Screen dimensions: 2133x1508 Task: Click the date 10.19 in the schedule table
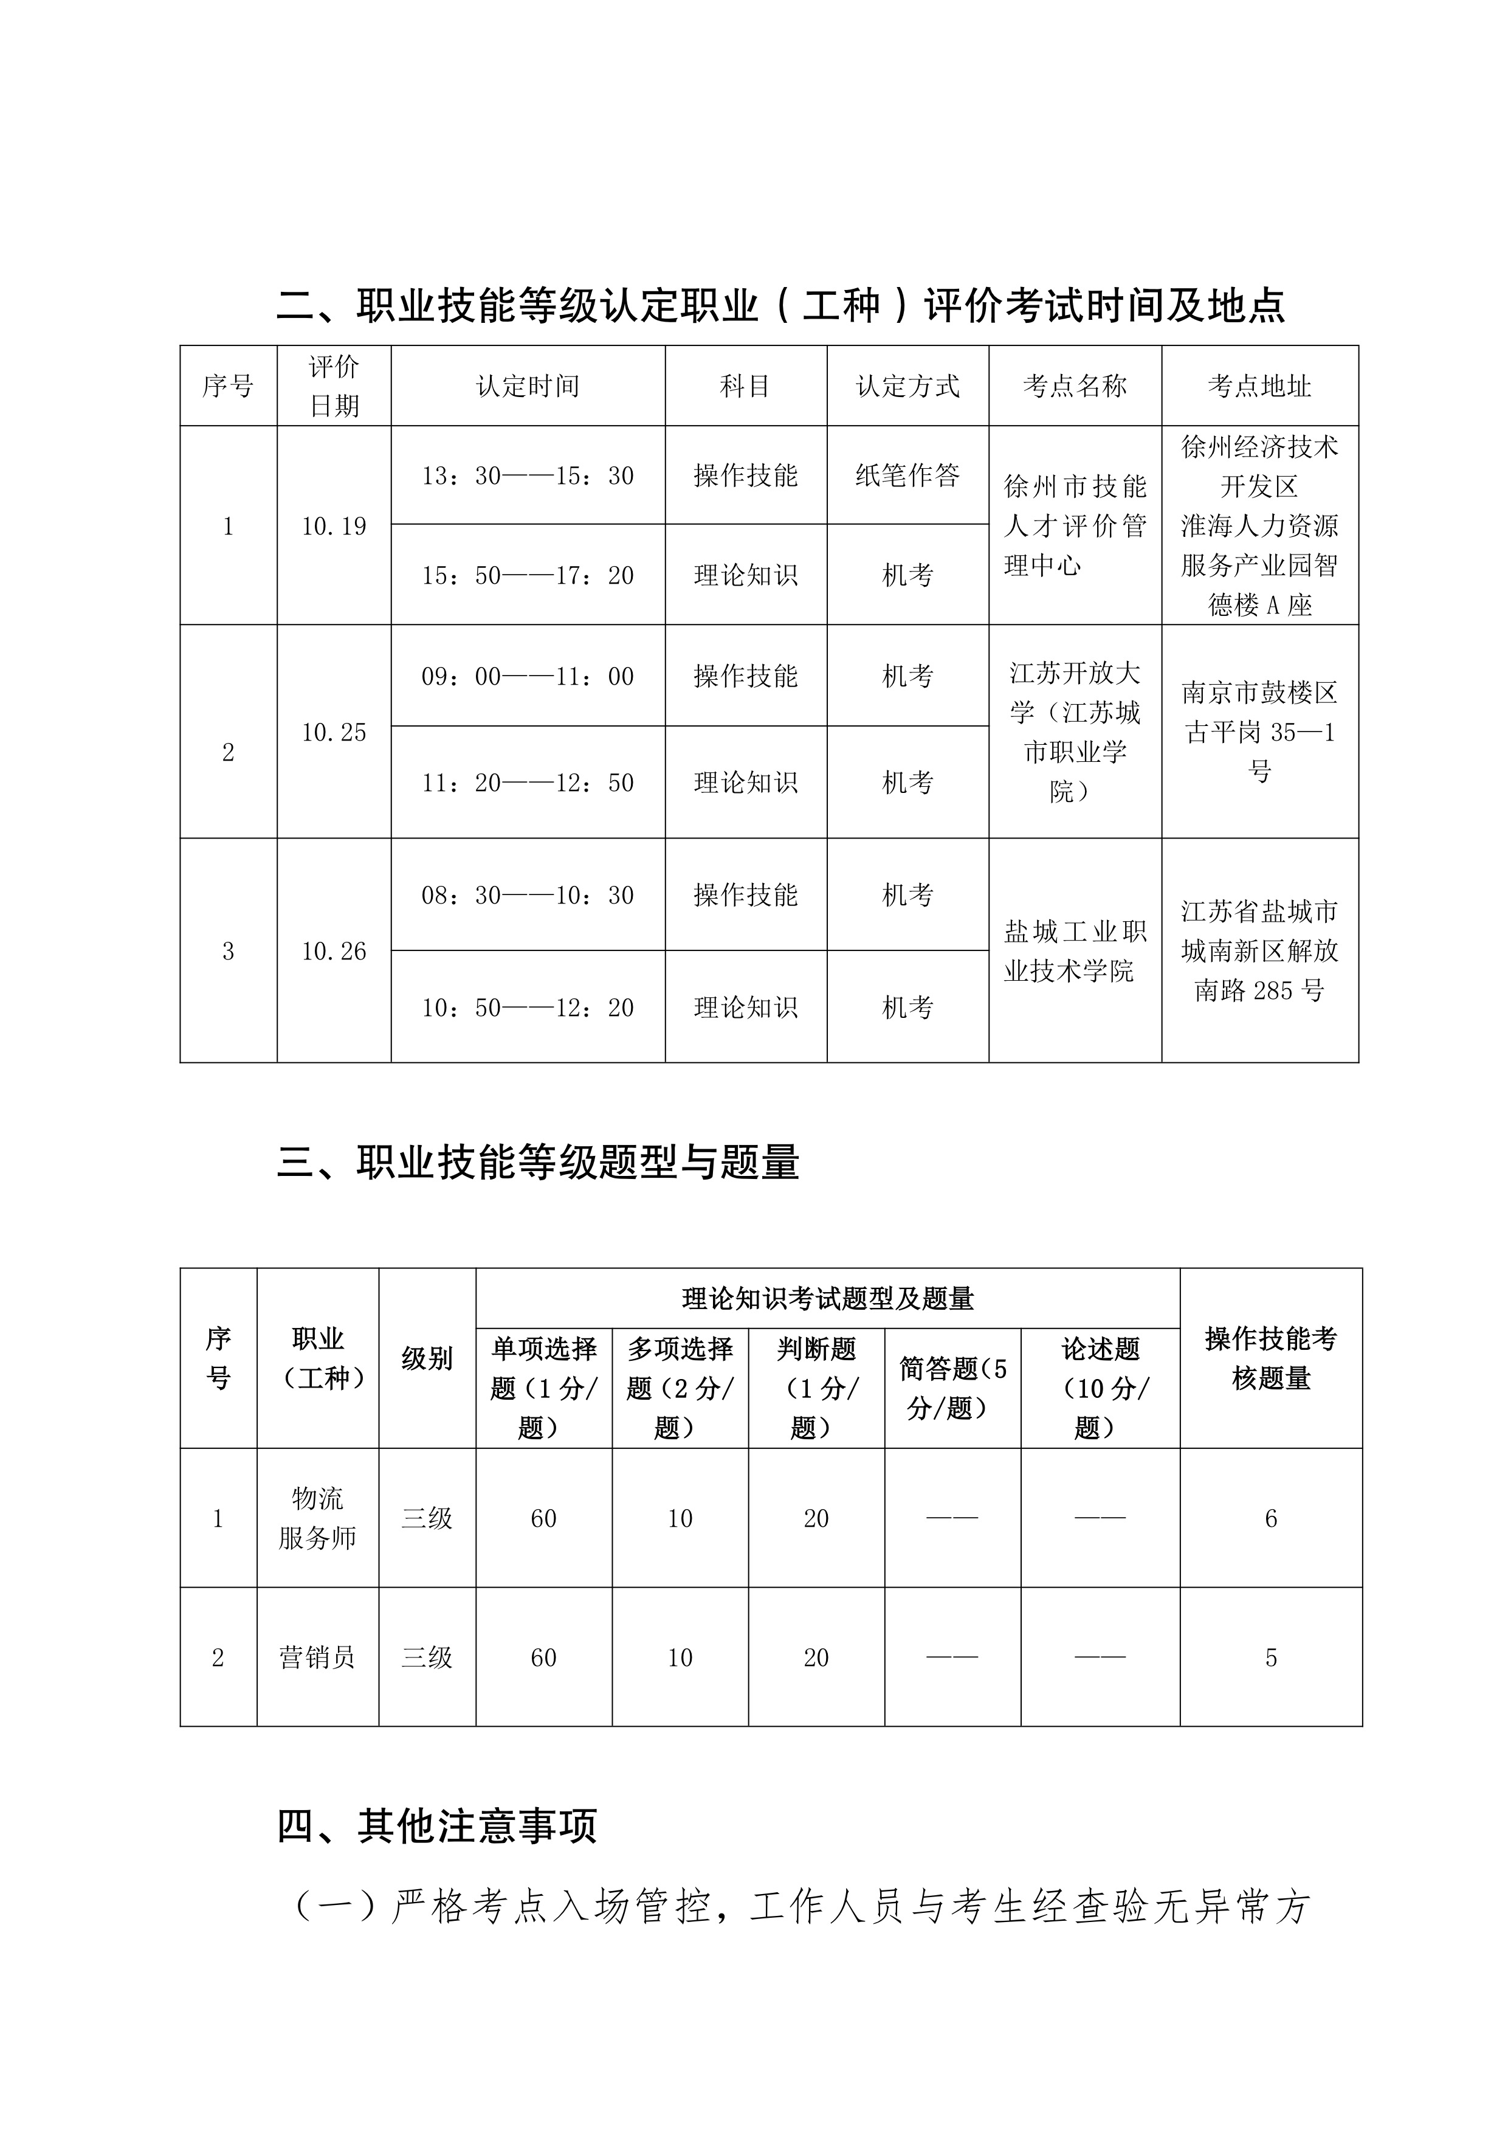(x=333, y=527)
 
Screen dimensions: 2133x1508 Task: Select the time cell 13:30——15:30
(x=528, y=475)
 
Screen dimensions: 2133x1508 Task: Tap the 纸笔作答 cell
(x=907, y=475)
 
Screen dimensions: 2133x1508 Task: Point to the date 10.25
(x=333, y=732)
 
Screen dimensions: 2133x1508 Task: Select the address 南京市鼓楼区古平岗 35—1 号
(x=1259, y=732)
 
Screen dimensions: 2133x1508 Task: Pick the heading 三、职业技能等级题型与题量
(x=538, y=1162)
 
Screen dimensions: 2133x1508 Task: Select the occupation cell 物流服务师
(x=317, y=1518)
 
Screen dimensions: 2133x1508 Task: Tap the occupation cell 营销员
(x=317, y=1658)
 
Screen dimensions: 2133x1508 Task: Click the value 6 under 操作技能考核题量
(x=1270, y=1518)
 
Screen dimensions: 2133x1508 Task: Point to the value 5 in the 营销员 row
(x=1270, y=1658)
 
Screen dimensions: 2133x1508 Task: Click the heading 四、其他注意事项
(x=436, y=1825)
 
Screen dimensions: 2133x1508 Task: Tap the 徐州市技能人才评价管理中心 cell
(x=1075, y=526)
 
